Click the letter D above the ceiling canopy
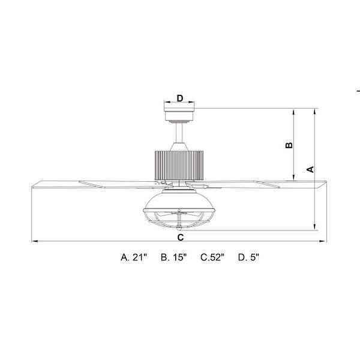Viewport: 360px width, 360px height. click(179, 98)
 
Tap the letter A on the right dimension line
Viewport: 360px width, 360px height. click(310, 169)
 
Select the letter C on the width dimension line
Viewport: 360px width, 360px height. click(181, 238)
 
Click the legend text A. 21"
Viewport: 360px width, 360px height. click(134, 257)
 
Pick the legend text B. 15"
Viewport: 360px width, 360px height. click(174, 257)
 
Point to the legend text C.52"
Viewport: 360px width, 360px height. click(212, 257)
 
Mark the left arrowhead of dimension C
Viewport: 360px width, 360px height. click(32, 242)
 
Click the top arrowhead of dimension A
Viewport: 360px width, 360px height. click(315, 111)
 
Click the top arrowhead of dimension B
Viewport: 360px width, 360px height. click(293, 111)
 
